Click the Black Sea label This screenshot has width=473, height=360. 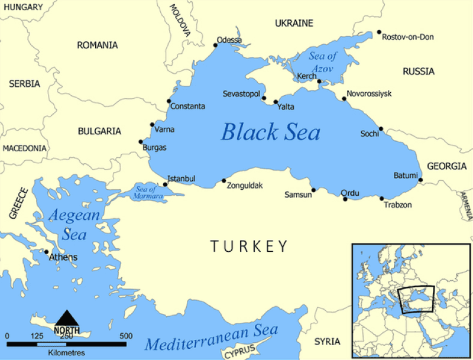[270, 132]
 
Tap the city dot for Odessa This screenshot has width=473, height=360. [216, 46]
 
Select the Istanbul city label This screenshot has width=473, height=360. [182, 179]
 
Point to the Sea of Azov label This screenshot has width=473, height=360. [323, 62]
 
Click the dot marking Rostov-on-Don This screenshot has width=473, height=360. [379, 33]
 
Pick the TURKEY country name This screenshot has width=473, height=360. [249, 247]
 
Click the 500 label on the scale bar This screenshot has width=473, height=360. [126, 336]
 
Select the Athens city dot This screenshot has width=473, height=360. [47, 252]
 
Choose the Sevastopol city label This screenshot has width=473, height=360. [241, 94]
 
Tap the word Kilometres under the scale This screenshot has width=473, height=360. [66, 353]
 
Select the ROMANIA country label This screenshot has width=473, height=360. [97, 45]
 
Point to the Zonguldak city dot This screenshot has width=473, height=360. [223, 181]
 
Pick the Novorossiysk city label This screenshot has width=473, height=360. [369, 94]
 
